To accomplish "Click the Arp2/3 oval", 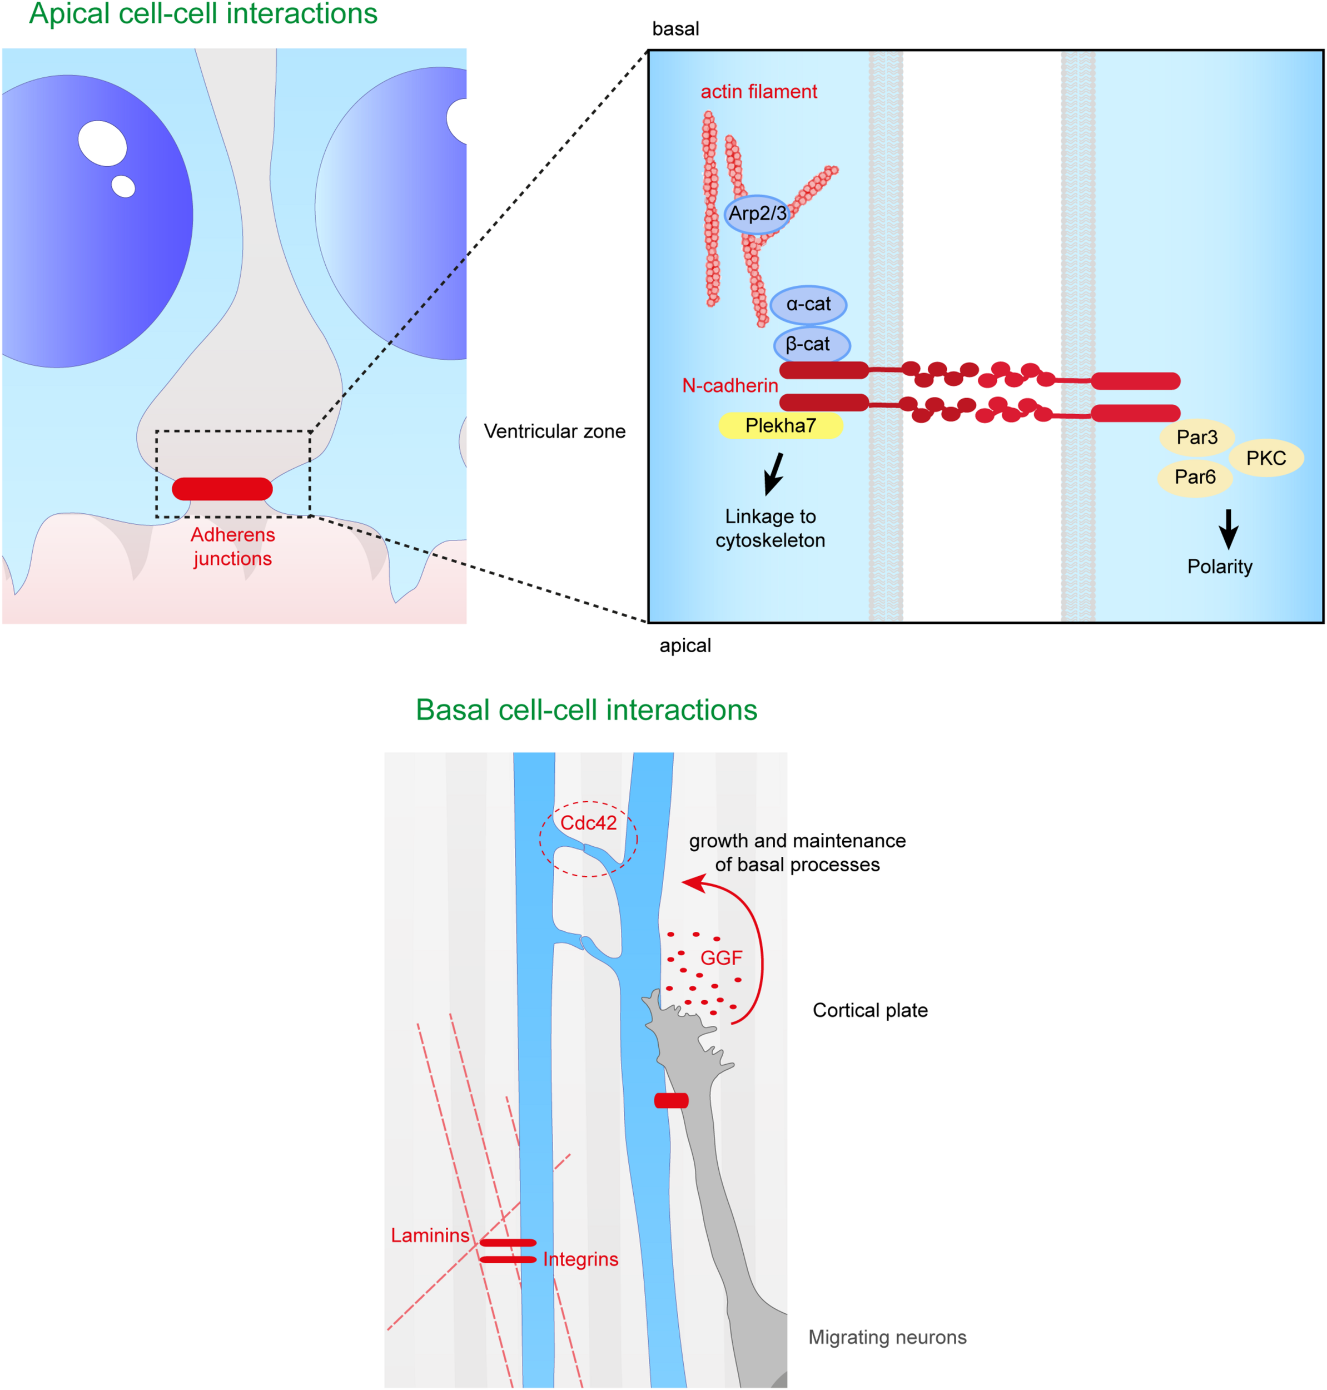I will tap(757, 214).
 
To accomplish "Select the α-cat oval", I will tap(808, 305).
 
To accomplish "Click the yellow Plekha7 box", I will tap(780, 426).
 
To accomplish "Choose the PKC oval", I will tap(1265, 458).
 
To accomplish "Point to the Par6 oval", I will tap(1195, 478).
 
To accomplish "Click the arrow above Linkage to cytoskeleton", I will tap(774, 473).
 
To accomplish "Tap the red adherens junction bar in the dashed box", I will tap(222, 489).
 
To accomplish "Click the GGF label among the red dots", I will tap(721, 958).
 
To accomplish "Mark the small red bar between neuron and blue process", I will tap(670, 1100).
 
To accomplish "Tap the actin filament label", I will tap(758, 92).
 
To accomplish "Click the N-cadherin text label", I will tap(729, 385).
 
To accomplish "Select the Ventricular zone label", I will tap(555, 431).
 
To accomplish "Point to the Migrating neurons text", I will tap(887, 1337).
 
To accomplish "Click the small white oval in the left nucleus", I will tap(123, 186).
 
